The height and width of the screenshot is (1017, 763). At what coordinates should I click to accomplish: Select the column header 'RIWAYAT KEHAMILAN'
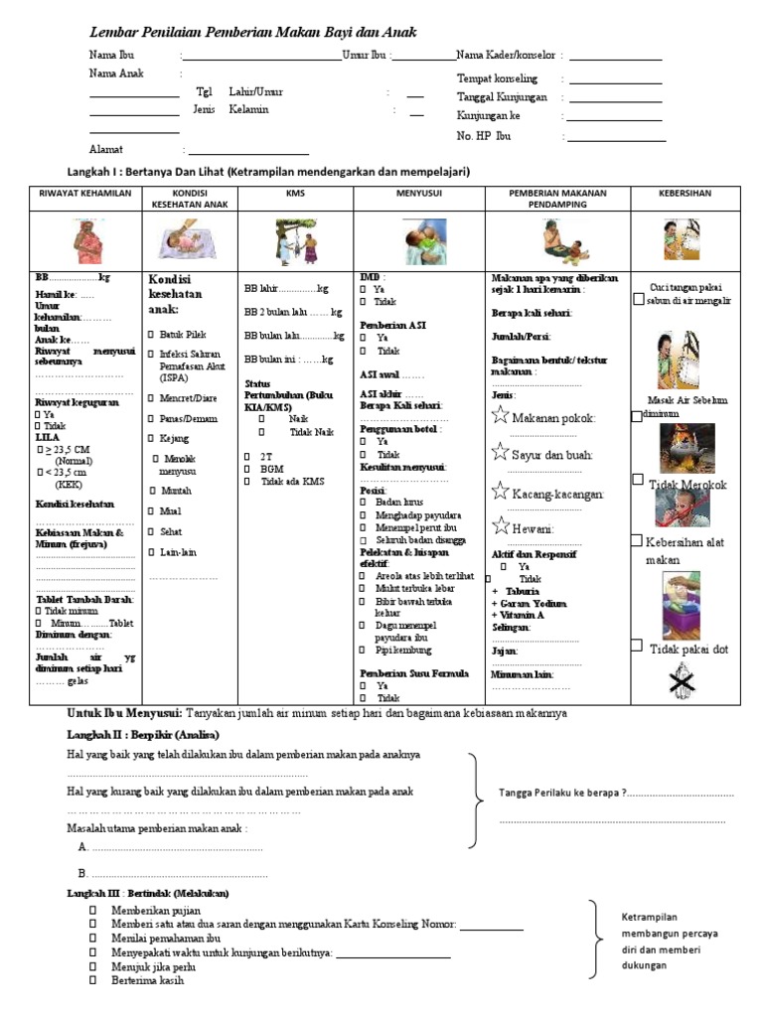[x=84, y=194]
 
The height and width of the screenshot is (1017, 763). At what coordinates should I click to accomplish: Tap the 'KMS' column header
[x=295, y=194]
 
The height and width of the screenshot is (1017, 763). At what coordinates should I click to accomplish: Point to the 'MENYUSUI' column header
[x=418, y=194]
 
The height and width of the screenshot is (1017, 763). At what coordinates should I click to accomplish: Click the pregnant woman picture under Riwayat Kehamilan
[x=87, y=240]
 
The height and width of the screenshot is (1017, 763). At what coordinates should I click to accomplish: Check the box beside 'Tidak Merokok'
[x=637, y=484]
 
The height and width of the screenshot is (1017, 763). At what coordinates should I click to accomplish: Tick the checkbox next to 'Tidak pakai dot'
[x=637, y=647]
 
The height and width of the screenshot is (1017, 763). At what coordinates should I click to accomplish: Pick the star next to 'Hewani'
[x=500, y=528]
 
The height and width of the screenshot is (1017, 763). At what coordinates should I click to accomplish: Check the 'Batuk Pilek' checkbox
[x=151, y=335]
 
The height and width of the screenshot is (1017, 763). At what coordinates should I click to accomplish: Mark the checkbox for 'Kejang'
[x=151, y=438]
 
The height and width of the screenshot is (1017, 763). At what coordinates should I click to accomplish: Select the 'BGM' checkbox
[x=247, y=468]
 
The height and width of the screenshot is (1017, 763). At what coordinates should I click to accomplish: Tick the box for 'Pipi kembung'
[x=364, y=651]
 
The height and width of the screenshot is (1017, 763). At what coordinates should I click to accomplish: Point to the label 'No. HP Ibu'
[x=484, y=135]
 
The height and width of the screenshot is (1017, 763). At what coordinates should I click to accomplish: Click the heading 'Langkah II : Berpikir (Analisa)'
[x=143, y=735]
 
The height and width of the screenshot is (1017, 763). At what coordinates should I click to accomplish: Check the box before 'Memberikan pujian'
[x=92, y=911]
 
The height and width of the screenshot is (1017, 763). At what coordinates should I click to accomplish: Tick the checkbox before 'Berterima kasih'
[x=92, y=980]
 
